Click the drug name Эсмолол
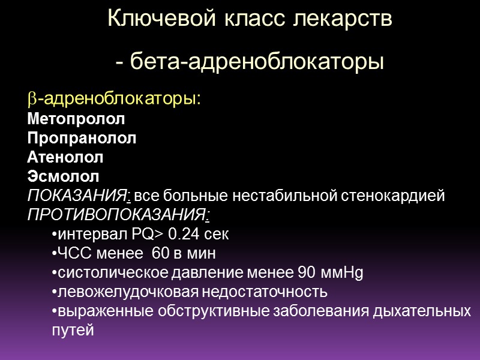coord(63,177)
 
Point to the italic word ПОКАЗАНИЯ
coord(78,196)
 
